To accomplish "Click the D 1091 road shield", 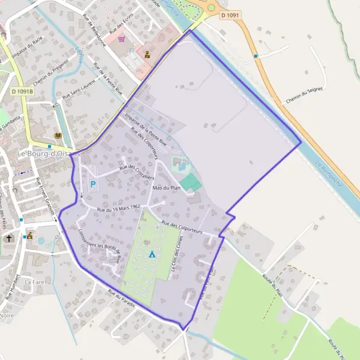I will point(230,14).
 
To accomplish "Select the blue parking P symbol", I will point(92,184).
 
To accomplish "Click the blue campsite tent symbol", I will point(152,254).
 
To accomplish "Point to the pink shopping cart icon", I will point(122,38).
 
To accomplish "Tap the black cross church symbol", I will point(10,238).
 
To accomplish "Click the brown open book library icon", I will point(58,136).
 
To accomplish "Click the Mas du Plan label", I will point(167,188).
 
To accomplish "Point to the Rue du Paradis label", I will point(121,299).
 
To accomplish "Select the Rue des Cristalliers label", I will point(137,172).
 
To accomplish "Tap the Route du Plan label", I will point(272,284).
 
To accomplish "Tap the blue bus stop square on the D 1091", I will point(256,56).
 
